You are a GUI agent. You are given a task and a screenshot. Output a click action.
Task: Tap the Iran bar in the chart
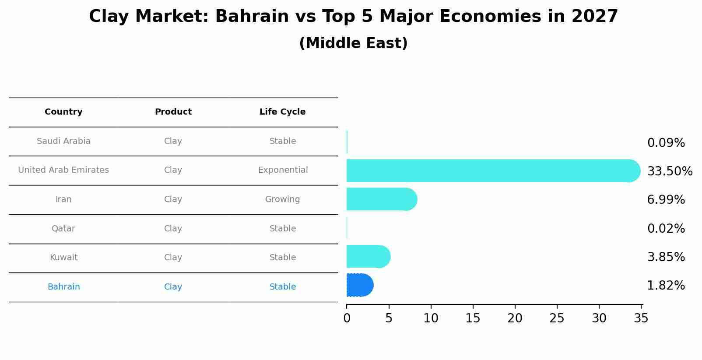381,199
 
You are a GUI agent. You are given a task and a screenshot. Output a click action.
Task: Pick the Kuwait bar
368,256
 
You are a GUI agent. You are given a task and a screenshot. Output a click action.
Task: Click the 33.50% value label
670,171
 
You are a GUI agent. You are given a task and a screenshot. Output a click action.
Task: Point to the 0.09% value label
666,143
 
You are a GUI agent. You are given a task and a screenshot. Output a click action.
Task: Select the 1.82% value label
666,286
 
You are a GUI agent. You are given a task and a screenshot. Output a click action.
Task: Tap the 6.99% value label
666,200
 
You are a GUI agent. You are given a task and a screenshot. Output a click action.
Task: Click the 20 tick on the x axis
515,318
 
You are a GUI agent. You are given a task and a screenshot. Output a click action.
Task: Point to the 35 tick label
641,318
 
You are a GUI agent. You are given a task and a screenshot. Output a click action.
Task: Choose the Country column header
63,112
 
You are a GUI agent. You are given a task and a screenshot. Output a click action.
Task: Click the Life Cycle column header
282,112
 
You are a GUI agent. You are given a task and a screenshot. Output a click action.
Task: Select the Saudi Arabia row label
63,141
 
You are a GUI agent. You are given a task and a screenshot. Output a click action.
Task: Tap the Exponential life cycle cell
283,170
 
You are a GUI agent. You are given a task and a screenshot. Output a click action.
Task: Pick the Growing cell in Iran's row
282,199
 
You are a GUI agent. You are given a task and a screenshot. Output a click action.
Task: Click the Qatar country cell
63,229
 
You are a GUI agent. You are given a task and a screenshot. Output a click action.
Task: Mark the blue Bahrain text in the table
63,287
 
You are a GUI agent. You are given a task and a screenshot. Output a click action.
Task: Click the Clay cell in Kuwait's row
173,258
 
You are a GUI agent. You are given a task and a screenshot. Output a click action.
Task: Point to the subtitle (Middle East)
353,43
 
